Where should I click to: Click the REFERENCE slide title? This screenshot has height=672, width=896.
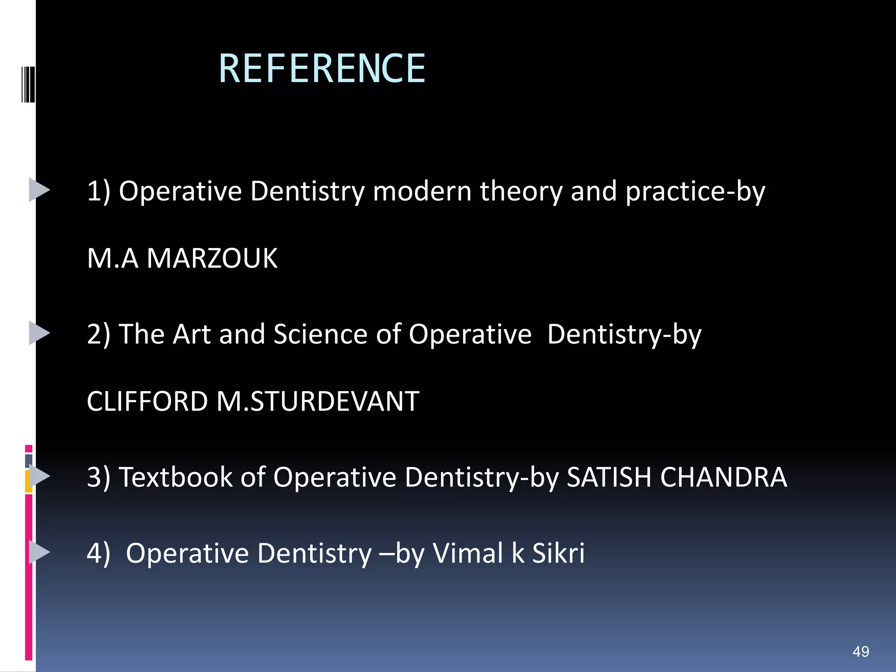[322, 68]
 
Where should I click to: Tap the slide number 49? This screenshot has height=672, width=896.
[861, 651]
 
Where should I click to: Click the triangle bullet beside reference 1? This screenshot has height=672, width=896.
[39, 190]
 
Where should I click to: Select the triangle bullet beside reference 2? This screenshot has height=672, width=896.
[39, 333]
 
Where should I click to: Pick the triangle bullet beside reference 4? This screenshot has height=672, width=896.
[39, 552]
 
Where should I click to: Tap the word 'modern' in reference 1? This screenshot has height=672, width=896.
[422, 191]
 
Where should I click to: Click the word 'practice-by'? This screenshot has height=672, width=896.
[695, 191]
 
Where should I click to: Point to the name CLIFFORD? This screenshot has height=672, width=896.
[147, 401]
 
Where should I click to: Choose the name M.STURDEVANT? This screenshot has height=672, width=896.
[318, 401]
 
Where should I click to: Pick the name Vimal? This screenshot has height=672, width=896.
[468, 553]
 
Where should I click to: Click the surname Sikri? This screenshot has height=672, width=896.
[558, 553]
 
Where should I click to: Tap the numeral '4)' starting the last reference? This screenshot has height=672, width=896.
[98, 553]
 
